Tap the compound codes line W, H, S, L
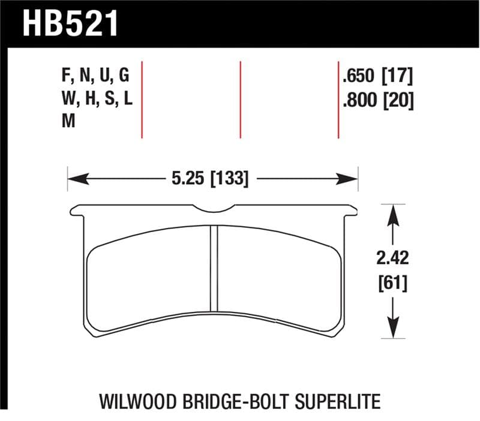pyautogui.click(x=96, y=100)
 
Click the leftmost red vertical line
pyautogui.click(x=142, y=99)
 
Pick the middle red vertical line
pyautogui.click(x=240, y=99)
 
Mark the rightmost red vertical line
pyautogui.click(x=338, y=99)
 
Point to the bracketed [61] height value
pyautogui.click(x=392, y=282)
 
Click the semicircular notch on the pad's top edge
pyautogui.click(x=214, y=209)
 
